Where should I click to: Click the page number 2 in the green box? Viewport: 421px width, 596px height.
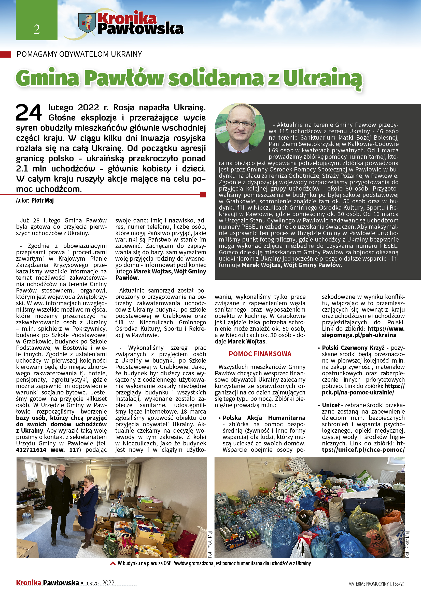37,29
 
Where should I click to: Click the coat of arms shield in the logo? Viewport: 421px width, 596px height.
87,23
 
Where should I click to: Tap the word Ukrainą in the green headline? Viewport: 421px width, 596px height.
322,78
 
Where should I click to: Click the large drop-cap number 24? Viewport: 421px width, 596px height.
29,112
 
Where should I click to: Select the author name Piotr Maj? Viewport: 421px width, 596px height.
43,200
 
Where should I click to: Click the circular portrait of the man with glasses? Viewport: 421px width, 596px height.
240,128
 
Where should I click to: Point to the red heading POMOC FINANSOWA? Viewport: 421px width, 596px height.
260,354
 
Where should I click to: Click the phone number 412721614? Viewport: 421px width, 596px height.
31,449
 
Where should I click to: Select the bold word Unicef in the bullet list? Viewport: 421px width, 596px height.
331,405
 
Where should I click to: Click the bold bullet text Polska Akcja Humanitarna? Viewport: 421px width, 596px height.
264,418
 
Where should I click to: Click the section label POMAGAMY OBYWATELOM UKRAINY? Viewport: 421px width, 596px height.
79,54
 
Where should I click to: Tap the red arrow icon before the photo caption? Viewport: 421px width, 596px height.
113,563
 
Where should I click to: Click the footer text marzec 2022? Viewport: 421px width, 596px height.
100,583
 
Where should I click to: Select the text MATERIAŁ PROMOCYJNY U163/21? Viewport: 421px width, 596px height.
376,584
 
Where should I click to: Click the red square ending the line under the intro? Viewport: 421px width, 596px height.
203,194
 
